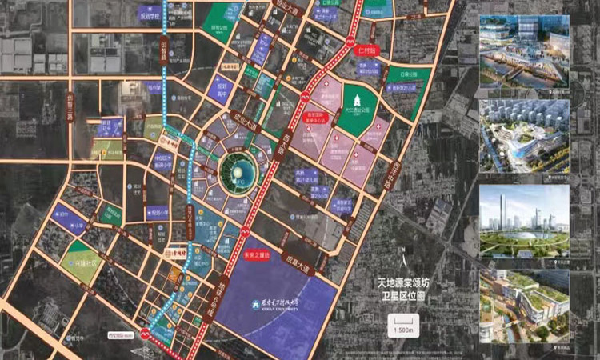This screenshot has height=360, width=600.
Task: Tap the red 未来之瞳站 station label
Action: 253,255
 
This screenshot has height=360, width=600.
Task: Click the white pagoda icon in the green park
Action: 346,90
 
